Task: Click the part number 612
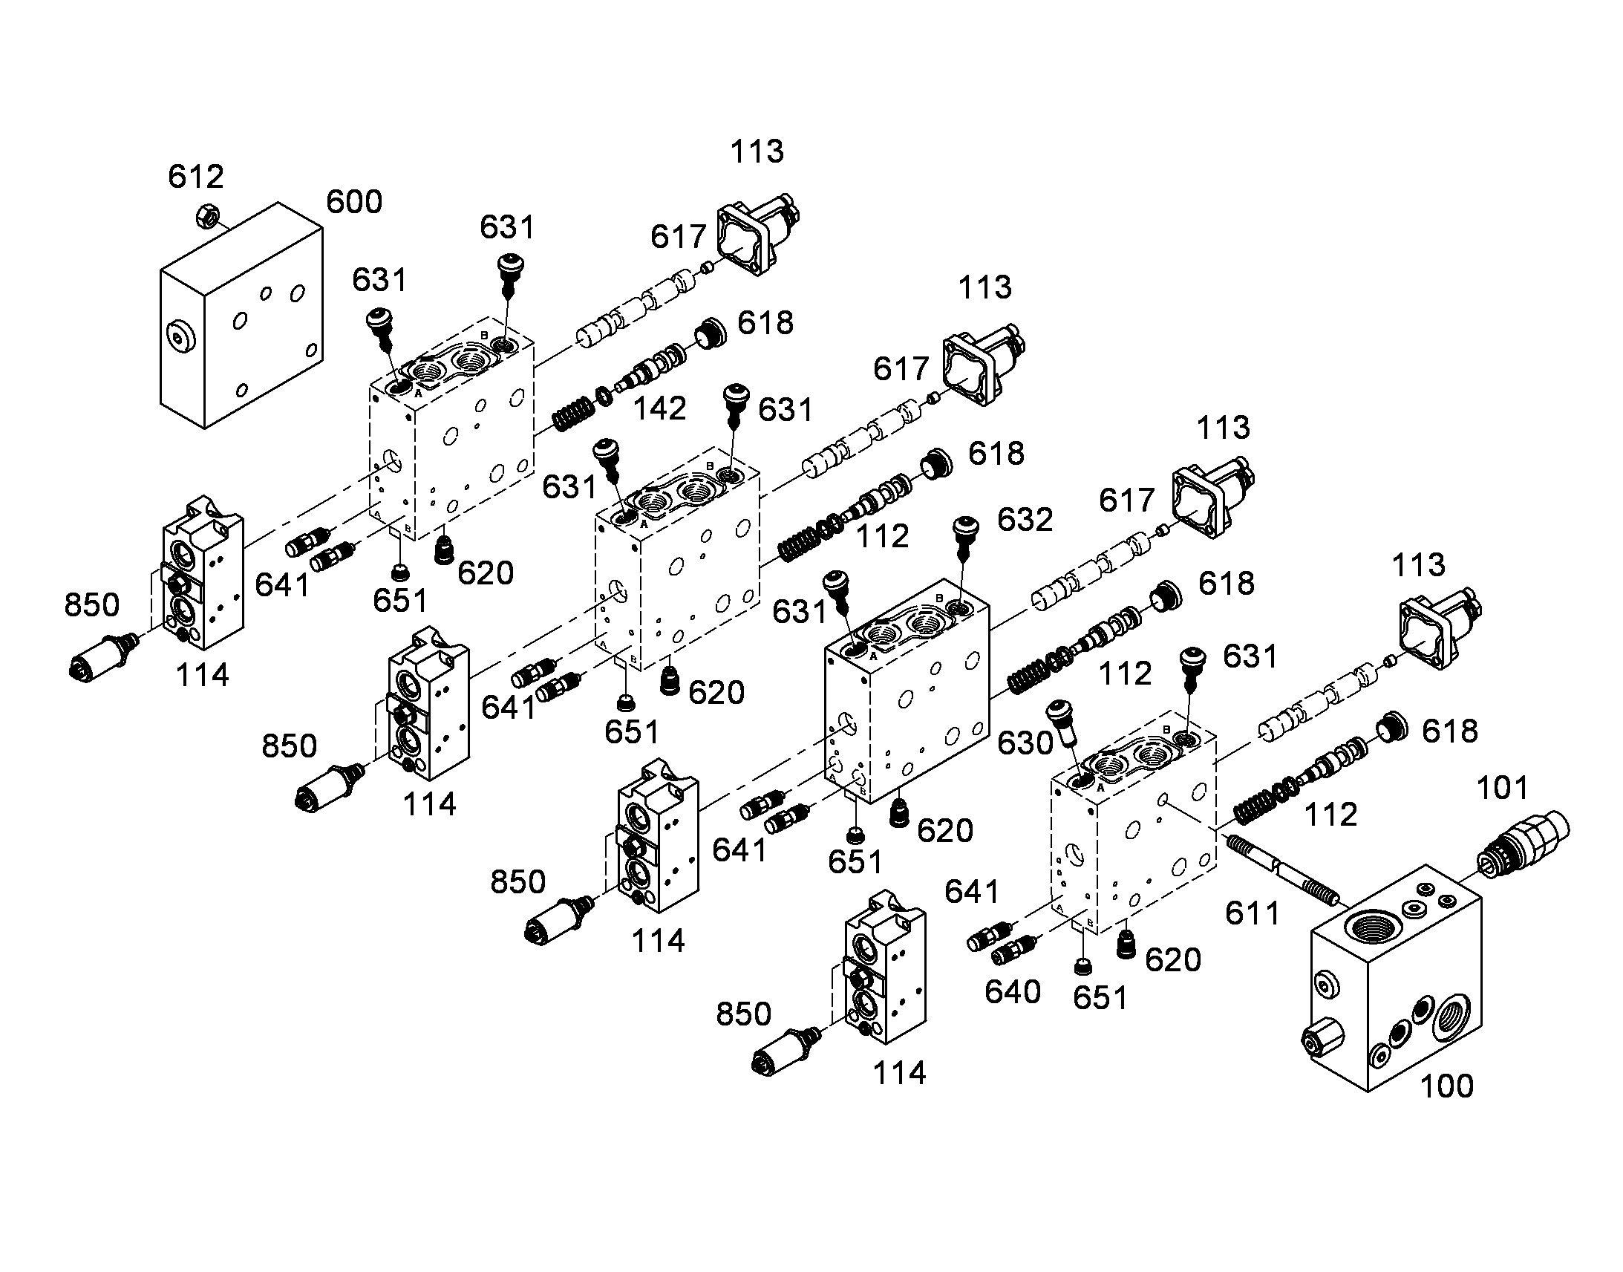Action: [x=196, y=177]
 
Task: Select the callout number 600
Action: [x=354, y=202]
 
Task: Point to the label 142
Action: [x=659, y=409]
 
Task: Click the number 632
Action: [x=1025, y=520]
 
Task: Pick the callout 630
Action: [x=1025, y=743]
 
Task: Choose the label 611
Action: [x=1253, y=913]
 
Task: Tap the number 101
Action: [x=1502, y=788]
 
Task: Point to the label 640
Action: [x=1013, y=992]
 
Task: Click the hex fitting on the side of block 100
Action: [x=1322, y=1037]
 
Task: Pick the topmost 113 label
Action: [x=757, y=152]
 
